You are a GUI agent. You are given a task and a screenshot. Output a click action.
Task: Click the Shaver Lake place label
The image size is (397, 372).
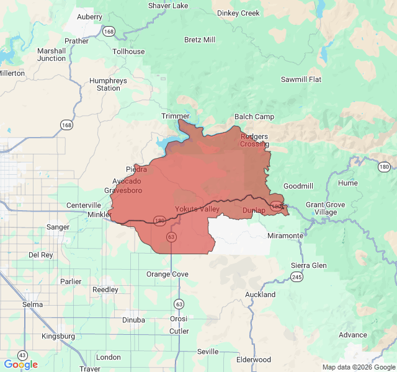point(168,6)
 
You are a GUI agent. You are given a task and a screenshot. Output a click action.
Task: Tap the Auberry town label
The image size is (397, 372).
point(89,17)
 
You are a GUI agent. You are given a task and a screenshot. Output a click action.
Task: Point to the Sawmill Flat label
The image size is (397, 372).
point(301,79)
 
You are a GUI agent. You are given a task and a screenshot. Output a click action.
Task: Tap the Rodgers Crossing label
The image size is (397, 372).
point(254,140)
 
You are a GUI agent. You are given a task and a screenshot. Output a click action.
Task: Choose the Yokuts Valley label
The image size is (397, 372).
point(197,209)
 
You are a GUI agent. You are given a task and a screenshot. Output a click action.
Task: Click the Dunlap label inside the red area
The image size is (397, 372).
point(254,210)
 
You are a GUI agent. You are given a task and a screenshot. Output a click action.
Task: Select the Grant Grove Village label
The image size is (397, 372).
point(321,208)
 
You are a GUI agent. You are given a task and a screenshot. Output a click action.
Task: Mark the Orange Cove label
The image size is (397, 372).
point(167,274)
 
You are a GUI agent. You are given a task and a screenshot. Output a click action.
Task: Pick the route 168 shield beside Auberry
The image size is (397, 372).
point(109,30)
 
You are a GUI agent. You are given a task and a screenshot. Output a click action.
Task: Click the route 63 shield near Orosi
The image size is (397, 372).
point(179,304)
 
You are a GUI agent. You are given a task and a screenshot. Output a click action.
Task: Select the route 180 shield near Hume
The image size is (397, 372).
point(384,167)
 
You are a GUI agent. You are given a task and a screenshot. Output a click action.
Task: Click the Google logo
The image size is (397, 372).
point(20,365)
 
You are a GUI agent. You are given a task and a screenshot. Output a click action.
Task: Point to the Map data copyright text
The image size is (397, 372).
point(358,367)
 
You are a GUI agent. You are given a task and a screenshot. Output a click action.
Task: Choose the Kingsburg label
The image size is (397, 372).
point(58,336)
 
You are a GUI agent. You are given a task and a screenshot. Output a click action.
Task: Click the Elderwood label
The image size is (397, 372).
point(254,360)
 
